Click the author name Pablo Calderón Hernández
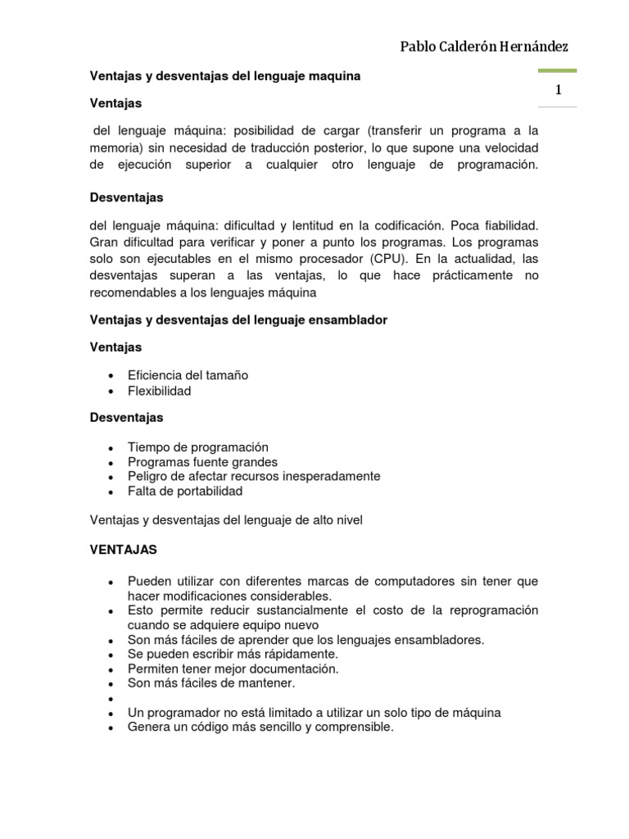484,47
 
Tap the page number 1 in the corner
558,91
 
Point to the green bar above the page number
557,71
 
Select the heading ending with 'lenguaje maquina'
224,76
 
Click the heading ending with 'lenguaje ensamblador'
238,320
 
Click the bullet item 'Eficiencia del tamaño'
188,375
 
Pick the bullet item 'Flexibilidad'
159,391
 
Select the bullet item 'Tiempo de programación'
198,447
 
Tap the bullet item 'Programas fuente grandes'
202,462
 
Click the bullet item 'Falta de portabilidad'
185,492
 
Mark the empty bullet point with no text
110,698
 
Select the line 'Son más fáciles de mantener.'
211,683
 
